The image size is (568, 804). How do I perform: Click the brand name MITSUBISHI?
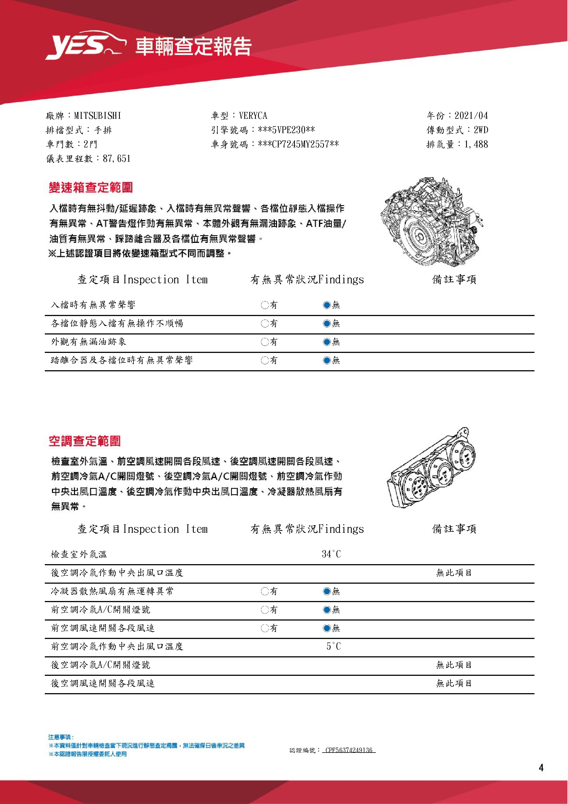98,116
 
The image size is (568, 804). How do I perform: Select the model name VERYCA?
253,116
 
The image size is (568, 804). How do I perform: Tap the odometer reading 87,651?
117,159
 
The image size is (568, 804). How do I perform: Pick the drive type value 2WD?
481,130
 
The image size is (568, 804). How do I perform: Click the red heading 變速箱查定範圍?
91,188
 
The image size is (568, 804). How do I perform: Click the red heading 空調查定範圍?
85,441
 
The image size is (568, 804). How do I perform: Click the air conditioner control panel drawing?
432,468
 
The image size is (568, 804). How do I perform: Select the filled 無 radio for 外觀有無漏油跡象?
327,342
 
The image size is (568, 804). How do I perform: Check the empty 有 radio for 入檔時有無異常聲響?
265,305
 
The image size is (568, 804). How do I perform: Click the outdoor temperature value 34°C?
331,554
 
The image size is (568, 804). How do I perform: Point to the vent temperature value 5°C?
333,646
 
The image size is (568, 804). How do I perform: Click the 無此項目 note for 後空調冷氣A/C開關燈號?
454,665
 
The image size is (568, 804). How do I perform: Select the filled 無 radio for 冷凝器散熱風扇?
327,591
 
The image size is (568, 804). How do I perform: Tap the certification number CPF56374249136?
348,750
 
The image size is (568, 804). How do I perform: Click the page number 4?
541,768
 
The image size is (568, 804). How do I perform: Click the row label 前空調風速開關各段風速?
102,628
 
